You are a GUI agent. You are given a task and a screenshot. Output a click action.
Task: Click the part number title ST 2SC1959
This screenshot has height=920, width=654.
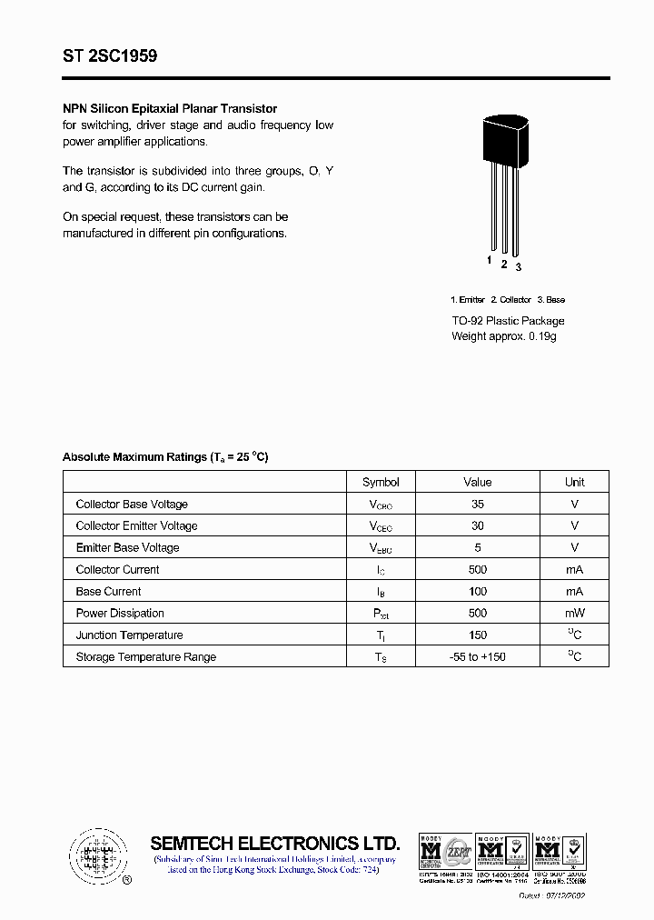click(110, 55)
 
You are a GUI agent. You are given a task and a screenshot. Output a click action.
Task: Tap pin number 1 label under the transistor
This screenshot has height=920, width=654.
click(489, 261)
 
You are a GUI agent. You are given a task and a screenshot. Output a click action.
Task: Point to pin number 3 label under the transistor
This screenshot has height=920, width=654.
click(519, 266)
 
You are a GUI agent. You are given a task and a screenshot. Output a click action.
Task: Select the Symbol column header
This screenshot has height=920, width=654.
click(381, 482)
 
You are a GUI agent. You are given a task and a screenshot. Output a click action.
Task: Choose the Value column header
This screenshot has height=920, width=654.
click(477, 482)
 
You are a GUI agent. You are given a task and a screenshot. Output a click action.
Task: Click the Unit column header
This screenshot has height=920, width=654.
click(574, 482)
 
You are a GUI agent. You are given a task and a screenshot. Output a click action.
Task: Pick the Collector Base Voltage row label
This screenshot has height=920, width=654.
click(132, 504)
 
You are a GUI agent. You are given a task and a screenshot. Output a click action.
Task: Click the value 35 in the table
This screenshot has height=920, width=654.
click(477, 504)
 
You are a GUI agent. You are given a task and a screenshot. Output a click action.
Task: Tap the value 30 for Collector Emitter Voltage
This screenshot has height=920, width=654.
click(477, 525)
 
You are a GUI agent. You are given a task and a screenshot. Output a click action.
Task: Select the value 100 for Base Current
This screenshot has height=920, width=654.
click(477, 591)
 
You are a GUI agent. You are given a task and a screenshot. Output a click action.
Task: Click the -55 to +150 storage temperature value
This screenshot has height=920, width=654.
click(477, 656)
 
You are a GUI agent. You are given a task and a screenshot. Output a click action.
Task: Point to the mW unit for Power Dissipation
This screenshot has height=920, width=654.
click(574, 613)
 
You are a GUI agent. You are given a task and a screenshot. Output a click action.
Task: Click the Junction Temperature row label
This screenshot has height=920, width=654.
click(129, 635)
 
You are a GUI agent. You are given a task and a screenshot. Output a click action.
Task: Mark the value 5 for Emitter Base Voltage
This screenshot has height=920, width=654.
click(477, 547)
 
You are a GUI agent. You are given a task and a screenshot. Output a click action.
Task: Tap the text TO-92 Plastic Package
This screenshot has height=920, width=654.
click(508, 321)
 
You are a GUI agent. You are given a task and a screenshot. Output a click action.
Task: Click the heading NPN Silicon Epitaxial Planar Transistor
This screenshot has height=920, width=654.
click(170, 108)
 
